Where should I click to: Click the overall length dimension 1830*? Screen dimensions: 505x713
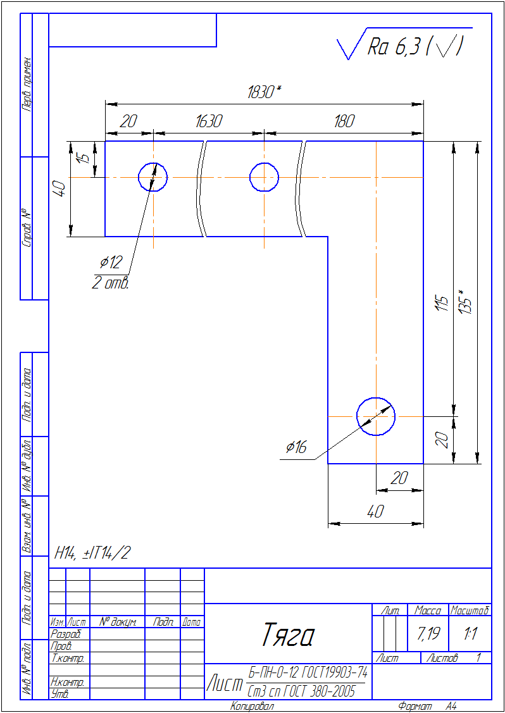(265, 92)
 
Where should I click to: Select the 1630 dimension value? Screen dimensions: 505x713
(209, 122)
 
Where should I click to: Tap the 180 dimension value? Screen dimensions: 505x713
(344, 122)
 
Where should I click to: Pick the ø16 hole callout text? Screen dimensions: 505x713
(296, 447)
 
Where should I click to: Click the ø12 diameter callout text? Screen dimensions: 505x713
(111, 262)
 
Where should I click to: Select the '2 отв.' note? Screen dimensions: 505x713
(111, 283)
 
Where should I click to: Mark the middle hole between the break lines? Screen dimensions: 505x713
(265, 163)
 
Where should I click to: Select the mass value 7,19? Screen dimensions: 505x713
(428, 633)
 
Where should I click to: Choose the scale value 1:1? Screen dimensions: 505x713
(470, 633)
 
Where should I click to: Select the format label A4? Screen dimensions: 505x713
(451, 706)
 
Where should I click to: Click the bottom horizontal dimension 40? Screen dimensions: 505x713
(376, 512)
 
